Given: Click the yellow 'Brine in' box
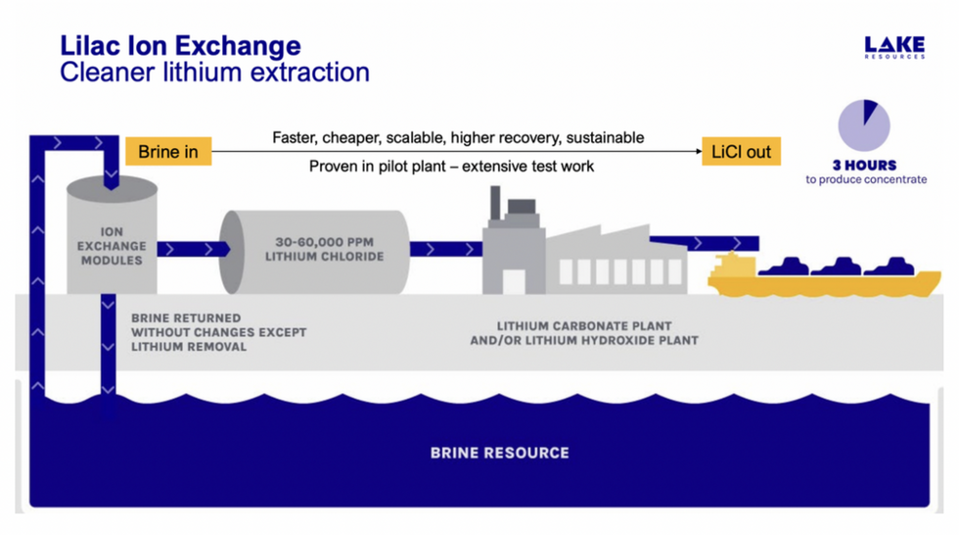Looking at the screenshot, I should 167,151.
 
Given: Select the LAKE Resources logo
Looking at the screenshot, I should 893,47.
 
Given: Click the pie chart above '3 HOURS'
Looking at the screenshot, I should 864,125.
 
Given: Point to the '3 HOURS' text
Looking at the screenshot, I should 864,165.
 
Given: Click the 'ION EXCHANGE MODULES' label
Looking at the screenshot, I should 112,246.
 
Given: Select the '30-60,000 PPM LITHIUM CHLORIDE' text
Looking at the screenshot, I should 324,249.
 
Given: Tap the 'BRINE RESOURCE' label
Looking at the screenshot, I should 499,453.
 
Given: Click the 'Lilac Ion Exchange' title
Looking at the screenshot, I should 180,46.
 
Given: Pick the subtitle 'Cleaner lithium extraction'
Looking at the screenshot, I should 214,72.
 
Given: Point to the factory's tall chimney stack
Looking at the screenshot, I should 494,206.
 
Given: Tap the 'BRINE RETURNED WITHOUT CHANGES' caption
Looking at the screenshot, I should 217,332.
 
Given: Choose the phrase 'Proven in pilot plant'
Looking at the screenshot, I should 382,167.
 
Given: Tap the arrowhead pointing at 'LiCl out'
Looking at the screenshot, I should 697,151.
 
